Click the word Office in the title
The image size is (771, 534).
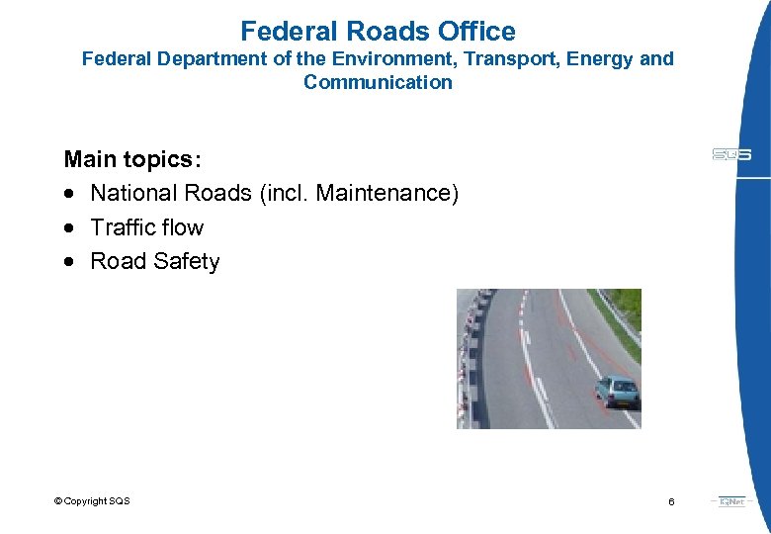pos(470,32)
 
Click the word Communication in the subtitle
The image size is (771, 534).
pos(378,83)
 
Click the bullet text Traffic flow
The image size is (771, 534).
pos(146,227)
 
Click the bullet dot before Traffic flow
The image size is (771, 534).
pos(69,228)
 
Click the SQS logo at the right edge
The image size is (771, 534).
pos(731,154)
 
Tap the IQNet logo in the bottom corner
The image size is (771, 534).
pos(731,501)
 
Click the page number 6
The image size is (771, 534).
pos(671,502)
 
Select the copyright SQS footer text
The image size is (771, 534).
pos(92,501)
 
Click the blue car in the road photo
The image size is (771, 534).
pos(619,392)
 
